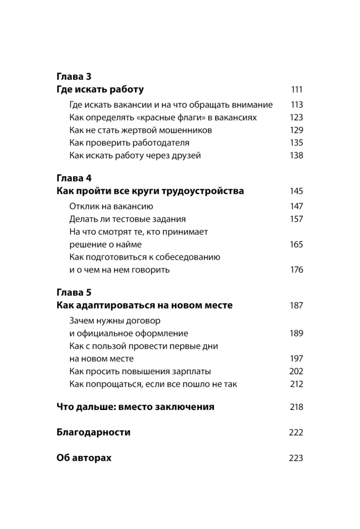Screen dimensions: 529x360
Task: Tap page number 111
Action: coord(296,89)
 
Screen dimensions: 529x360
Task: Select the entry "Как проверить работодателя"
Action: coord(129,143)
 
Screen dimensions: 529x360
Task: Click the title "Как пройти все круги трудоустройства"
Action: coord(150,191)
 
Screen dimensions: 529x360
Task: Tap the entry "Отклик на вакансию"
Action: coord(111,206)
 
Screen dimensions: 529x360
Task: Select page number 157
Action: coord(296,219)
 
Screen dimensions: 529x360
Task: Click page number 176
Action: coord(296,270)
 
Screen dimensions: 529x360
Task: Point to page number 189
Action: coord(296,333)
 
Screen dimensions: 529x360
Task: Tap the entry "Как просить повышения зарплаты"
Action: coord(140,371)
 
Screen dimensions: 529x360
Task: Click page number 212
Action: coord(296,384)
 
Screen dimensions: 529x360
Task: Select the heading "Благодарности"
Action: coord(93,432)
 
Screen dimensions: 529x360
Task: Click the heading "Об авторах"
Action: coord(84,458)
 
